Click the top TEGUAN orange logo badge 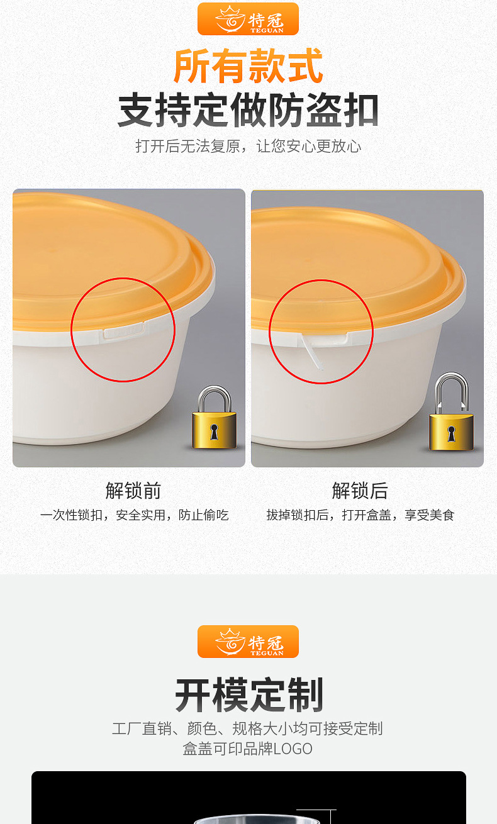point(248,19)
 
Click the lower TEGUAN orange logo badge point(248,642)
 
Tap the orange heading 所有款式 point(248,66)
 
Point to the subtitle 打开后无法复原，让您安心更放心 point(248,147)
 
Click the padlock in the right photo point(451,415)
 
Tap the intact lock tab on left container point(124,330)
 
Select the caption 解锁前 point(133,491)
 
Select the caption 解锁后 point(360,491)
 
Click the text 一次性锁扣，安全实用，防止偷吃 point(134,515)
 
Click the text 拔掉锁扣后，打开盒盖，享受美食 point(360,515)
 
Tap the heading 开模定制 point(248,695)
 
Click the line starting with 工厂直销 point(248,728)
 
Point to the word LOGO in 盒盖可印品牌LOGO point(293,749)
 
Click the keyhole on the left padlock point(214,432)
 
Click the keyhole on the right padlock point(451,433)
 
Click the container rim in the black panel point(258,820)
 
